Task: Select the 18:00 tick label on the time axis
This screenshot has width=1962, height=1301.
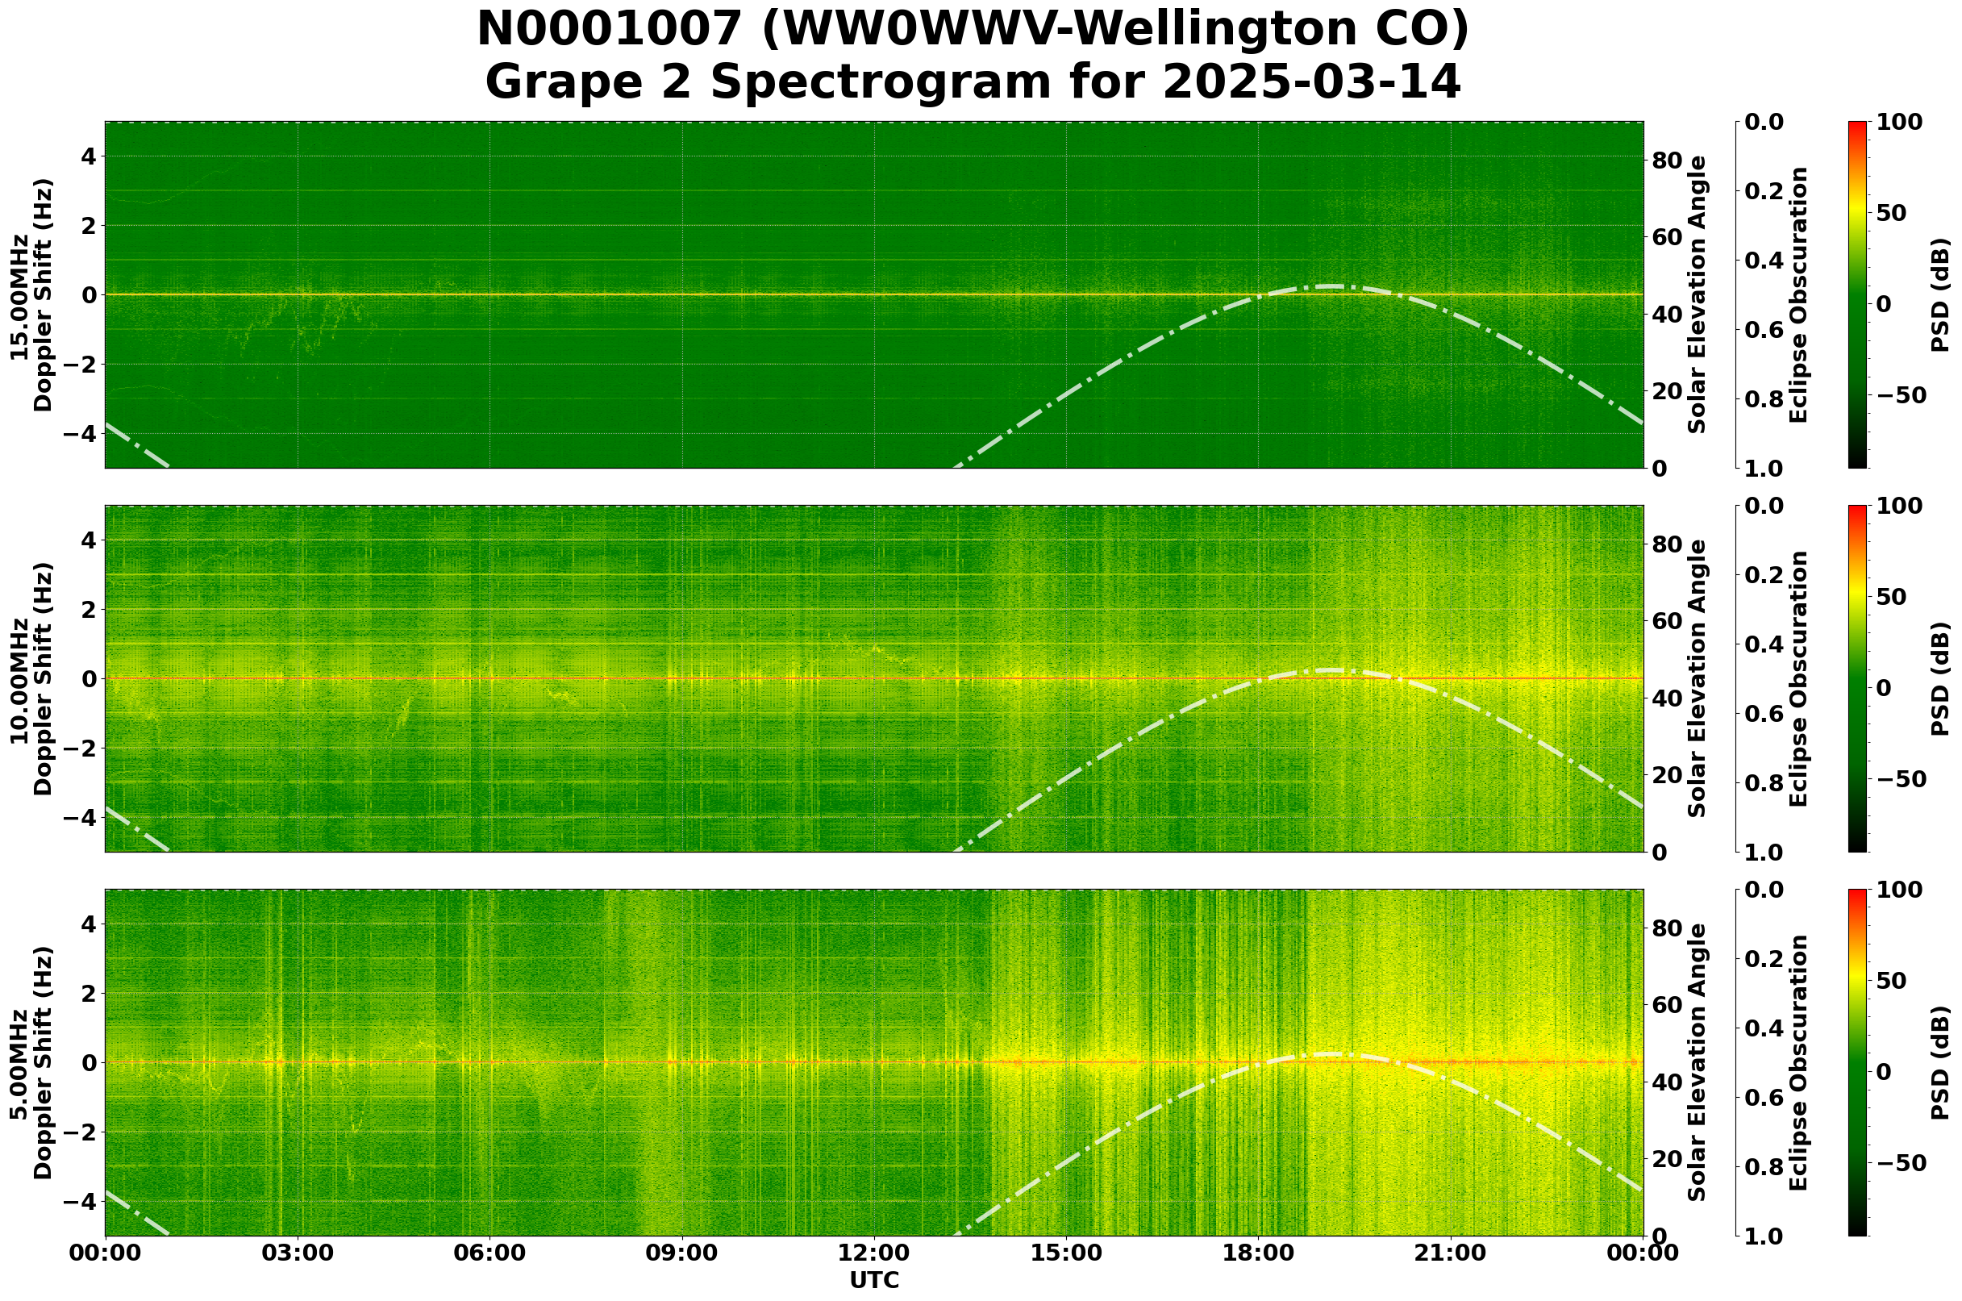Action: click(x=1258, y=1253)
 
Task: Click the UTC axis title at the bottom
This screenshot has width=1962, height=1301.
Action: click(x=873, y=1280)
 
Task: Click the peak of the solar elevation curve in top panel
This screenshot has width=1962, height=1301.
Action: click(x=1329, y=286)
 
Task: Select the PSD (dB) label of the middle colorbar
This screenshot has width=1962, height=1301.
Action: click(x=1939, y=678)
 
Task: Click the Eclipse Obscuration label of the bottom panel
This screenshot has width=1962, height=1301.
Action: click(x=1798, y=1063)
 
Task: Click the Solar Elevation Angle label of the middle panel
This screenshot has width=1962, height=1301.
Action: click(x=1697, y=678)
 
